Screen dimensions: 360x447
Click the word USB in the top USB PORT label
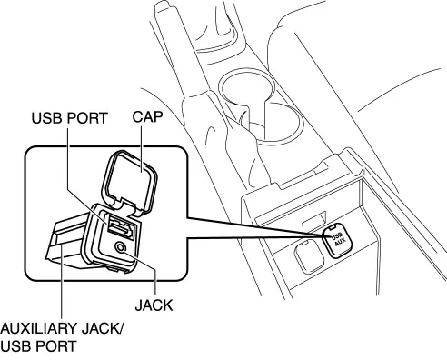pyautogui.click(x=48, y=118)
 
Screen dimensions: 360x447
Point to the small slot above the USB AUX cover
pyautogui.click(x=313, y=218)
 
